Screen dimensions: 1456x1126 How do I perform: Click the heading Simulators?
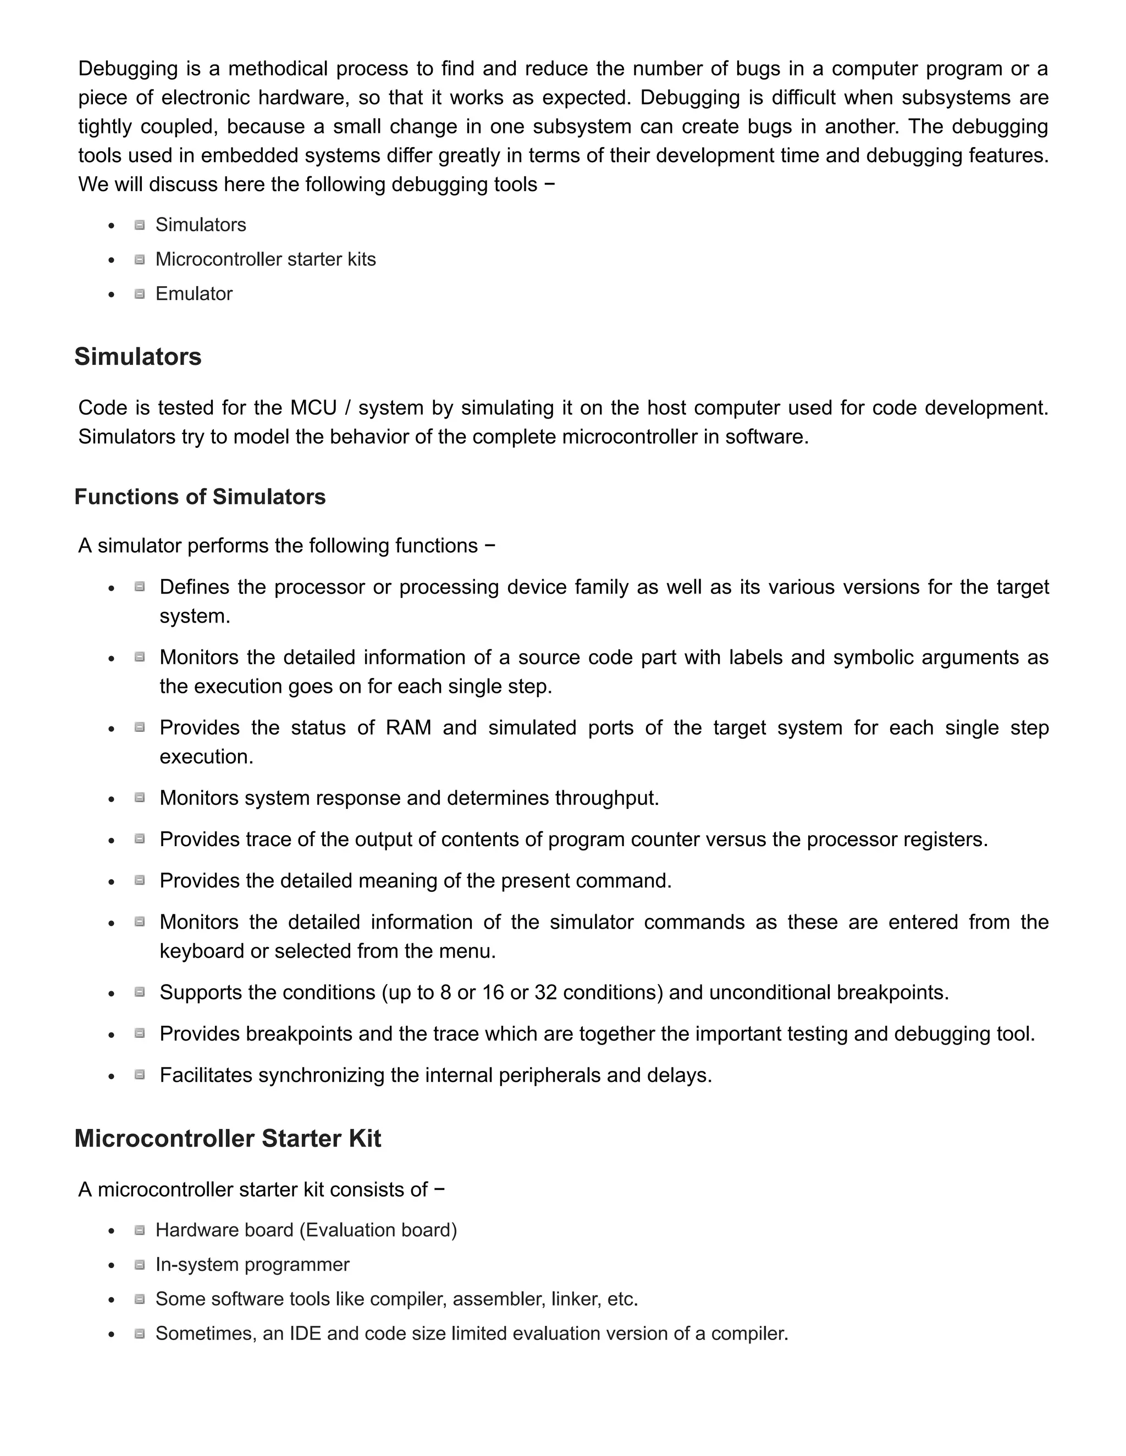(137, 357)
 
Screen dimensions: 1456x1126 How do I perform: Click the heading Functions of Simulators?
(200, 497)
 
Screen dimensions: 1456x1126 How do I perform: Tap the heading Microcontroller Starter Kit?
(228, 1138)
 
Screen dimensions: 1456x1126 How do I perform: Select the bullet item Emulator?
(194, 293)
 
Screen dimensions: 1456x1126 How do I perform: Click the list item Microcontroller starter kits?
(266, 259)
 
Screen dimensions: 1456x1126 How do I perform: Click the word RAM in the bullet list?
(409, 727)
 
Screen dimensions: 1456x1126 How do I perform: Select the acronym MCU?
(313, 407)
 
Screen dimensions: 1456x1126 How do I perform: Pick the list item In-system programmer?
(252, 1265)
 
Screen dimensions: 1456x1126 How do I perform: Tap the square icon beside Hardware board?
(140, 1231)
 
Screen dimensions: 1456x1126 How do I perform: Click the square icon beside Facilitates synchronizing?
(140, 1075)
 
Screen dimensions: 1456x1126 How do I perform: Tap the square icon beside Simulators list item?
(140, 225)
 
